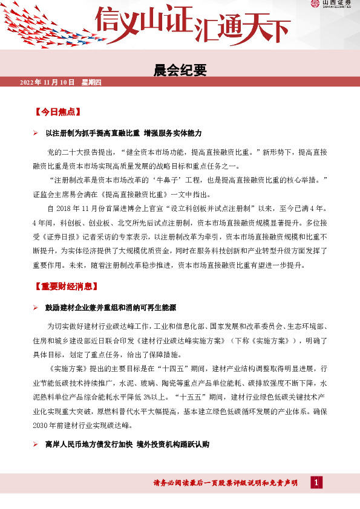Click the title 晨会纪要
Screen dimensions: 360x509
click(180, 70)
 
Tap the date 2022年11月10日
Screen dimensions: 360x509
click(47, 82)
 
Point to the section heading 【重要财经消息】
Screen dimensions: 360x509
click(65, 286)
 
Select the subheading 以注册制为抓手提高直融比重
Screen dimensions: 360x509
click(93, 132)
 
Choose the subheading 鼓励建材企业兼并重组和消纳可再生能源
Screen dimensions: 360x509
click(111, 307)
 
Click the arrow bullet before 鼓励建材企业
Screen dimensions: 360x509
click(36, 308)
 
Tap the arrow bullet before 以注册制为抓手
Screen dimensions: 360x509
click(36, 133)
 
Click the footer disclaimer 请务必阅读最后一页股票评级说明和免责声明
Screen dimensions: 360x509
click(225, 483)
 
